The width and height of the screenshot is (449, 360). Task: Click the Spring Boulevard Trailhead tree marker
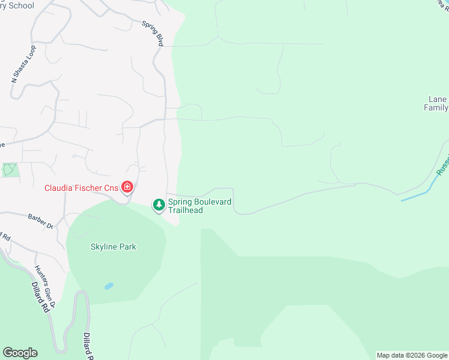159,206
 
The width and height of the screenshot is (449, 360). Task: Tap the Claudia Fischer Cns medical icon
127,188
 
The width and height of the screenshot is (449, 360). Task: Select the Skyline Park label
113,247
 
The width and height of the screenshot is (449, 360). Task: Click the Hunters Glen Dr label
45,279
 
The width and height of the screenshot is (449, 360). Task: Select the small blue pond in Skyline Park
109,286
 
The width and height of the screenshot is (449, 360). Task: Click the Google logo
20,353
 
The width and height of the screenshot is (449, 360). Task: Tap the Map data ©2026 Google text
412,355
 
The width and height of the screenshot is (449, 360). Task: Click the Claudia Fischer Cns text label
82,188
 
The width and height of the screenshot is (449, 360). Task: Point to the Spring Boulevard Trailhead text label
200,206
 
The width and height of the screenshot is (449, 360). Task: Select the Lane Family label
436,104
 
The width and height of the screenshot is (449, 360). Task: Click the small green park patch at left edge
10,169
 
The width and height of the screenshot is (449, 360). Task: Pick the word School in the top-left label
21,6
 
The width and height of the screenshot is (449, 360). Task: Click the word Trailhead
185,210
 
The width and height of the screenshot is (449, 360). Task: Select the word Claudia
59,188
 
